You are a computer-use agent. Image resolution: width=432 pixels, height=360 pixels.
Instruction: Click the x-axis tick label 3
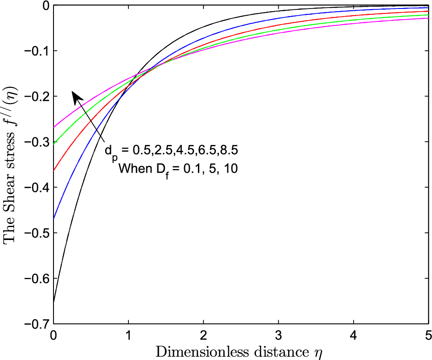point(278,335)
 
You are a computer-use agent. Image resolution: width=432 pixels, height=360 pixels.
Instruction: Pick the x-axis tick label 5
point(428,335)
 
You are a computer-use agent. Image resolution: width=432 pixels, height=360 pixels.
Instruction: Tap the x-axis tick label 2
point(203,335)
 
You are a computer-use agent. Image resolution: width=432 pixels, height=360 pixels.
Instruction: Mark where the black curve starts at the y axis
point(54,302)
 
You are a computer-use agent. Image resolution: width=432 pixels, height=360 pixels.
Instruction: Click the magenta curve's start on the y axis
point(54,128)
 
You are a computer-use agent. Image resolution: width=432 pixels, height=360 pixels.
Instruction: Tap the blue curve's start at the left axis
point(54,219)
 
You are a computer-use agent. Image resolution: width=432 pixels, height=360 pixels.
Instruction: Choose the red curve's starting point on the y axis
point(54,170)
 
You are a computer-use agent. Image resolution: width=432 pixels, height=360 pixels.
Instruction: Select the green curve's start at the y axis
point(54,144)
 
